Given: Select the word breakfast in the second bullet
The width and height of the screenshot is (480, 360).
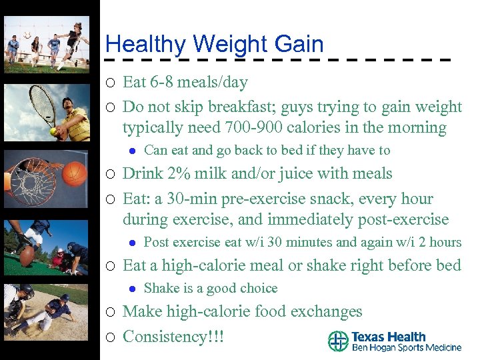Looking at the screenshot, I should [x=231, y=107].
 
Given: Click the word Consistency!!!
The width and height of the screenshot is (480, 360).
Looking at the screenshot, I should [x=173, y=337].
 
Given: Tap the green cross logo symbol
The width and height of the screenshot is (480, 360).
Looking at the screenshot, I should [x=338, y=341].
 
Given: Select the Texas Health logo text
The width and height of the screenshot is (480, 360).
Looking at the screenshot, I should [x=388, y=337].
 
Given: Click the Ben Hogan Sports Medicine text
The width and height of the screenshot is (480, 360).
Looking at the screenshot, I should [x=406, y=348].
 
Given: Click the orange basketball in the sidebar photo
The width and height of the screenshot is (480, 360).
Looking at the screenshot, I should [x=75, y=173].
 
